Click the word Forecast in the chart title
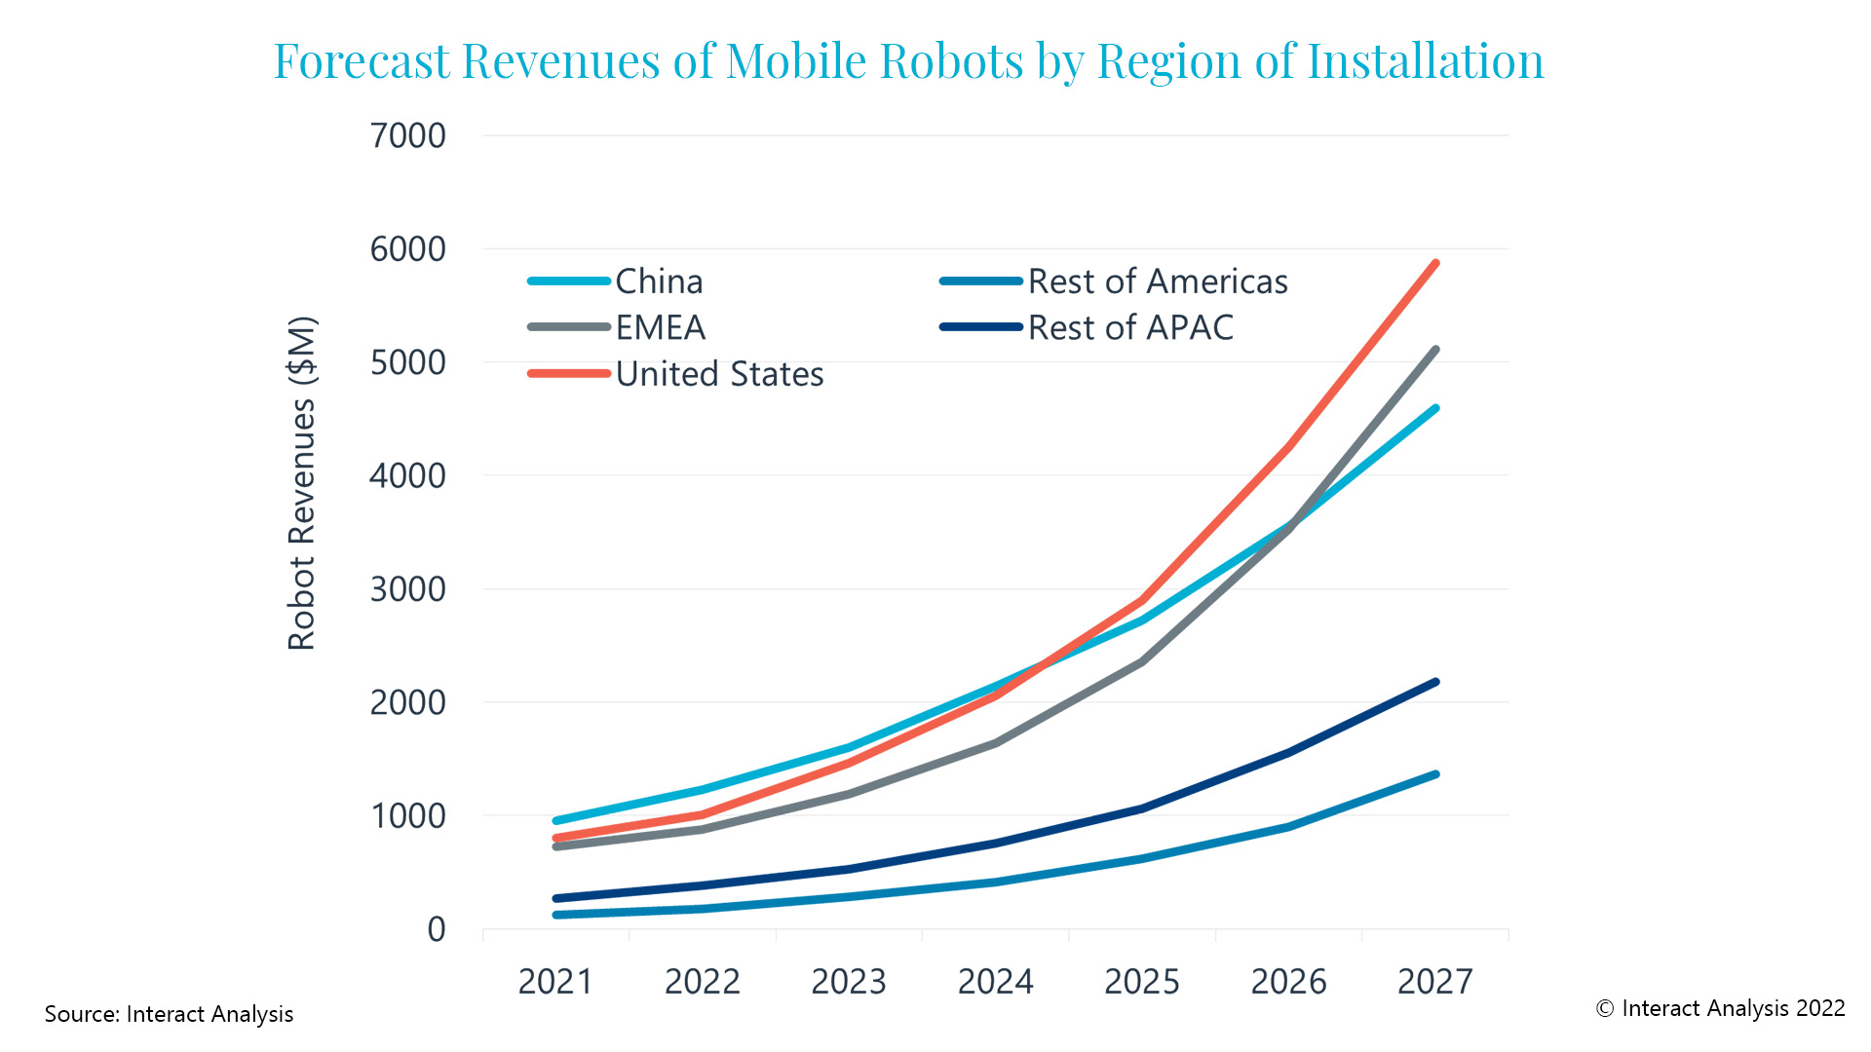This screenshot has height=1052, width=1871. tap(361, 60)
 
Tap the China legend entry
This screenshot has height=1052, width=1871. tap(659, 282)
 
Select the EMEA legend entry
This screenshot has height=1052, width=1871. tap(660, 327)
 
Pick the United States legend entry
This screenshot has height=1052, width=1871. tap(719, 374)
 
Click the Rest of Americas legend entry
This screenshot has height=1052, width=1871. tap(1157, 282)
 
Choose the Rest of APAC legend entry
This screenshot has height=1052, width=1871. tap(1130, 327)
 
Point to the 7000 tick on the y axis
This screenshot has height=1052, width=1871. tap(407, 136)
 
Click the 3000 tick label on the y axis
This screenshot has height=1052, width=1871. tap(407, 589)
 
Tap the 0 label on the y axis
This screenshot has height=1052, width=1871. tap(436, 929)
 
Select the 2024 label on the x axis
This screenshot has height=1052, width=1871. tap(995, 981)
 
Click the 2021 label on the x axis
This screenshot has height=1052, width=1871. tap(555, 981)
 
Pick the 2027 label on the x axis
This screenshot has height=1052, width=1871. tap(1434, 981)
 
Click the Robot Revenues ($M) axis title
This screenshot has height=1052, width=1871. tap(302, 483)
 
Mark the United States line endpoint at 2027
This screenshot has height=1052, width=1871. tap(1435, 263)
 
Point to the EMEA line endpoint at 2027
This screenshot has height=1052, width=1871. tap(1435, 350)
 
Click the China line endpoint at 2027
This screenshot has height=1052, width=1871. tap(1435, 409)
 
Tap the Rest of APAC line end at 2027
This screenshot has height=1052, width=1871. tap(1435, 682)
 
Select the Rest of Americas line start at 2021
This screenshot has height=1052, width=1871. tap(556, 915)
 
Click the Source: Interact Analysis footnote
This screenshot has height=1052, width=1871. tap(169, 1014)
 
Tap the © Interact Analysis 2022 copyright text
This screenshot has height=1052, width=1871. tap(1720, 1008)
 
